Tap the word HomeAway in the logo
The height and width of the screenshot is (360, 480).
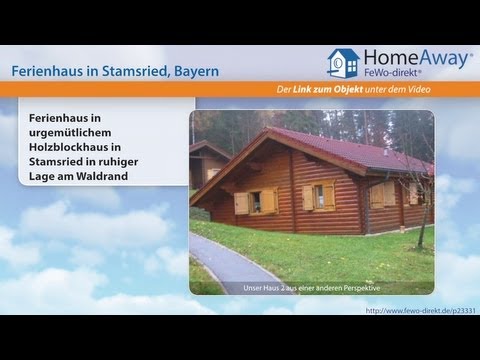click(x=417, y=59)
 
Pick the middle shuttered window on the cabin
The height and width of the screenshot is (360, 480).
click(x=320, y=196)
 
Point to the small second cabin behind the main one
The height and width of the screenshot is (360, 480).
click(x=206, y=165)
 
